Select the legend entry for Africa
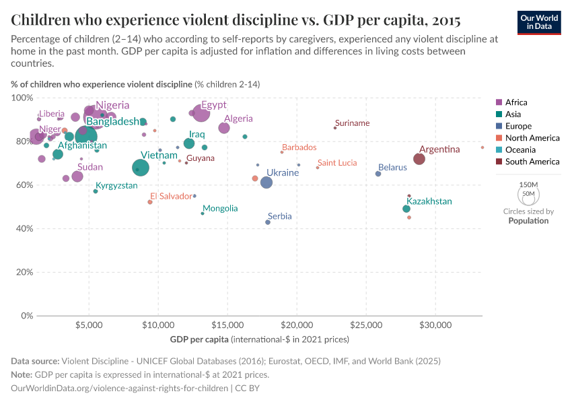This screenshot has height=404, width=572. click(x=516, y=102)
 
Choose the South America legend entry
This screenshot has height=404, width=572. click(x=532, y=162)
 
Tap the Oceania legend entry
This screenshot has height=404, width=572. click(x=522, y=149)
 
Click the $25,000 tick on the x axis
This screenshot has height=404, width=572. click(x=366, y=323)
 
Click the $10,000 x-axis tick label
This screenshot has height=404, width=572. click(x=158, y=323)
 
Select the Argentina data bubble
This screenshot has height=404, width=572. click(x=419, y=159)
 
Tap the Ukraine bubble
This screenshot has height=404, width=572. click(x=266, y=182)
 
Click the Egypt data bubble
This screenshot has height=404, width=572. click(x=202, y=113)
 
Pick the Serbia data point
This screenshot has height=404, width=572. click(x=268, y=222)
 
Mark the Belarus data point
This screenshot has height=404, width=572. click(x=378, y=174)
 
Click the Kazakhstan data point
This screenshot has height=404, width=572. click(x=406, y=209)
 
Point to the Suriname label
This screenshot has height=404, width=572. click(x=352, y=123)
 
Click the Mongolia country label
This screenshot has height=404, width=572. click(x=220, y=209)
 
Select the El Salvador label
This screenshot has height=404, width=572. click(x=172, y=196)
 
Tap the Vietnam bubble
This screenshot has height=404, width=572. click(x=141, y=168)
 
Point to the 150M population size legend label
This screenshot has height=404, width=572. click(x=529, y=184)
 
